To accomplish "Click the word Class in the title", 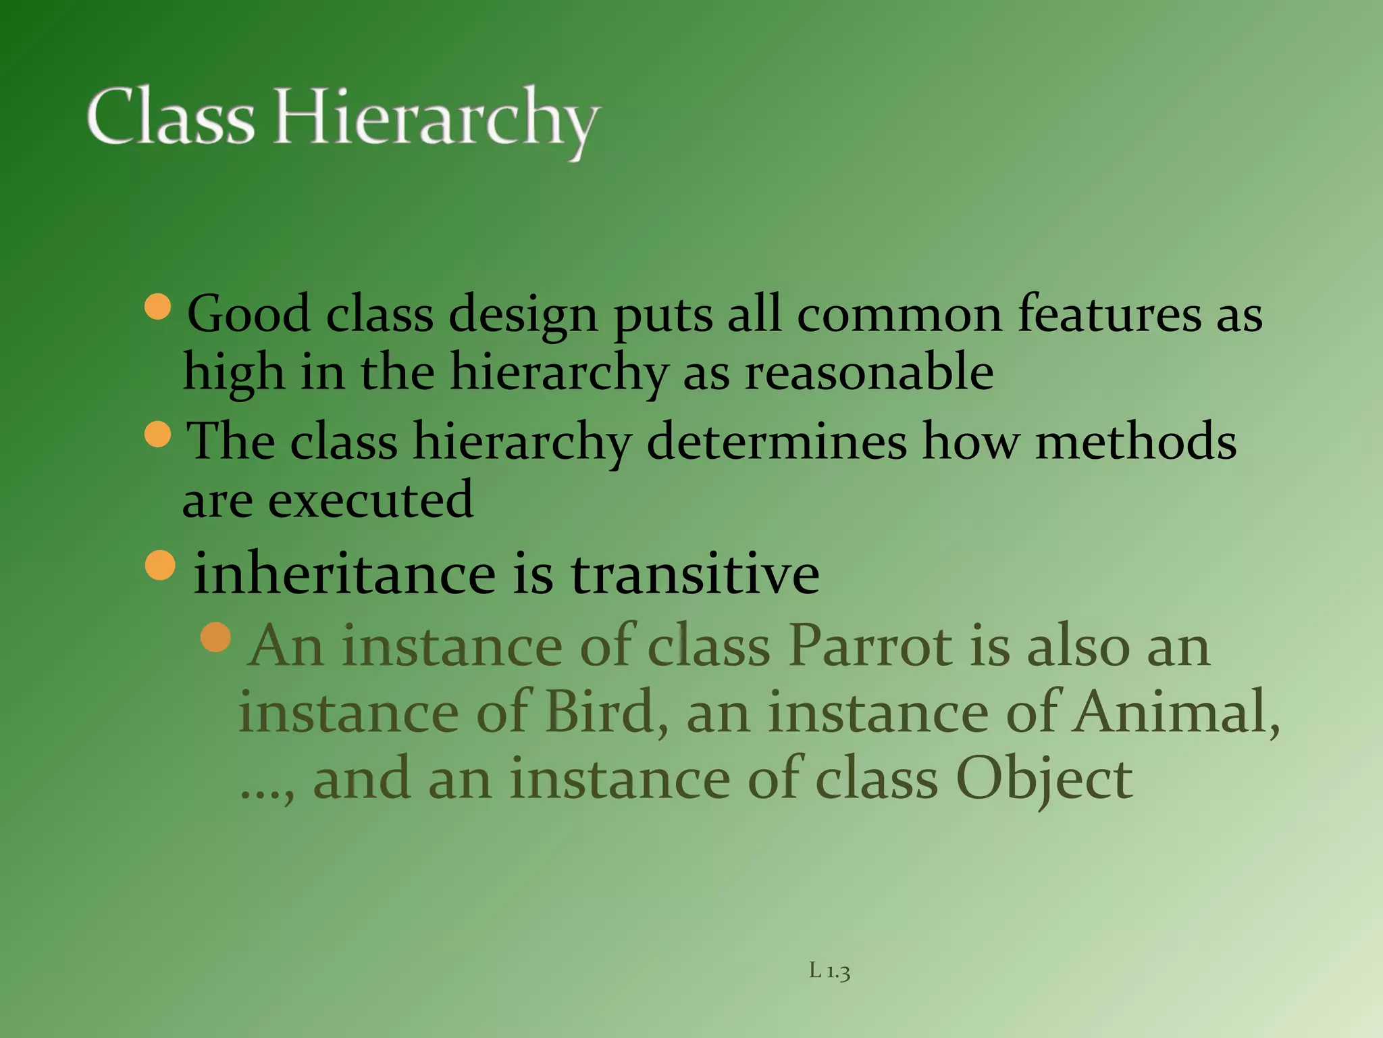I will tap(170, 117).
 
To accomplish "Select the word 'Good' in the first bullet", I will tap(248, 314).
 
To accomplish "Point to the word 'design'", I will tap(523, 316).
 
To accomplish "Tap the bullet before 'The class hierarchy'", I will tap(159, 434).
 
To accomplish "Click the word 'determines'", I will tap(777, 441).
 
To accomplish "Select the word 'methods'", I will tap(1136, 441).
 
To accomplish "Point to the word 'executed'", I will tap(371, 500).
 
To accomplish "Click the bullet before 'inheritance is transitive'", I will tap(160, 565).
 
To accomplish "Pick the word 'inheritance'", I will tap(345, 574).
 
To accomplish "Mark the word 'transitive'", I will tap(695, 574).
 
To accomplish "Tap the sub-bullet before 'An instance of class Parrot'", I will tap(216, 637).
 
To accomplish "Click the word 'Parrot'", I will tap(871, 646).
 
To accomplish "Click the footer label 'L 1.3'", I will tap(829, 972).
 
